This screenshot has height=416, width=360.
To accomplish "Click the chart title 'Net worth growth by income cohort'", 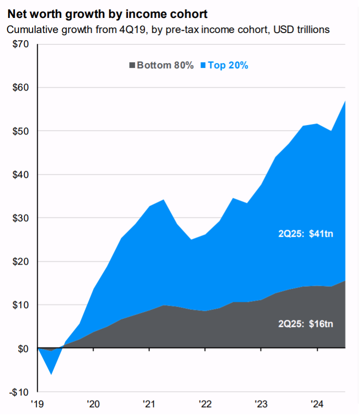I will [107, 12].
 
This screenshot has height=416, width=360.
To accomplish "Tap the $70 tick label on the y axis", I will [19, 44].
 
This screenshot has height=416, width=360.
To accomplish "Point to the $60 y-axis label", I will [19, 88].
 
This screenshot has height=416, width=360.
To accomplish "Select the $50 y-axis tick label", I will [19, 131].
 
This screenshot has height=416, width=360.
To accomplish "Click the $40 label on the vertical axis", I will [19, 175].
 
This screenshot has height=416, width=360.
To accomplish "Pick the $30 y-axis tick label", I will [19, 218].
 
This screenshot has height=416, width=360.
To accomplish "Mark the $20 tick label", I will [19, 261].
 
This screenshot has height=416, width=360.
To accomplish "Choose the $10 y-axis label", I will [19, 305].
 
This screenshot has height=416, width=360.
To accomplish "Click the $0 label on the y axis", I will [22, 349].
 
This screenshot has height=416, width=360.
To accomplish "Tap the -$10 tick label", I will [18, 392].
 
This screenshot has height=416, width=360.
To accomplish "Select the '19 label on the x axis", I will [37, 404].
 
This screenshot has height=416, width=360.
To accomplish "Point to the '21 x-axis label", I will [149, 404].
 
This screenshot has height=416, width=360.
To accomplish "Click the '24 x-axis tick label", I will [317, 404].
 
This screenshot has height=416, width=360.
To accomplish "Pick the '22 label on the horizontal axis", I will [205, 404].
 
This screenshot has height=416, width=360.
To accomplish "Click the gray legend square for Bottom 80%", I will [132, 66].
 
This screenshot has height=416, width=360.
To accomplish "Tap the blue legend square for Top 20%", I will [203, 66].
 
